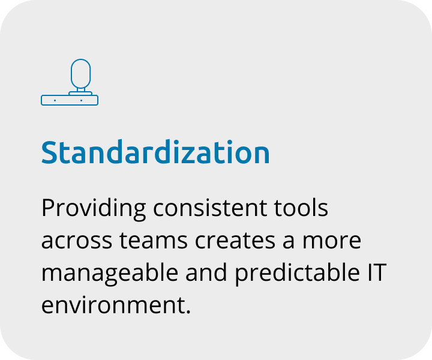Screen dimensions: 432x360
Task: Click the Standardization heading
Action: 155,152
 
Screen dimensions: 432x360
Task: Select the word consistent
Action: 210,208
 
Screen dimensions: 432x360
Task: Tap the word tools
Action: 301,208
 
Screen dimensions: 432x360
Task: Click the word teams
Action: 154,241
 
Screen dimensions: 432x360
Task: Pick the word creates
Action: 235,241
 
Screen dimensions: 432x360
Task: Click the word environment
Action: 112,305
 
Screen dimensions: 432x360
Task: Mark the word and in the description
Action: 206,272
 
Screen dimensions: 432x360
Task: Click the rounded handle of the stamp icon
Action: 81,74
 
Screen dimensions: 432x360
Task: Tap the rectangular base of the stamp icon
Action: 70,100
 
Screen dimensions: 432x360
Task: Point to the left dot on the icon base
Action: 55,101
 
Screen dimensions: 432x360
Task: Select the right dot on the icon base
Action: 81,101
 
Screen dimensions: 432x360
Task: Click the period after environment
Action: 188,311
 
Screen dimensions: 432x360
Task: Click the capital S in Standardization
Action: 49,152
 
